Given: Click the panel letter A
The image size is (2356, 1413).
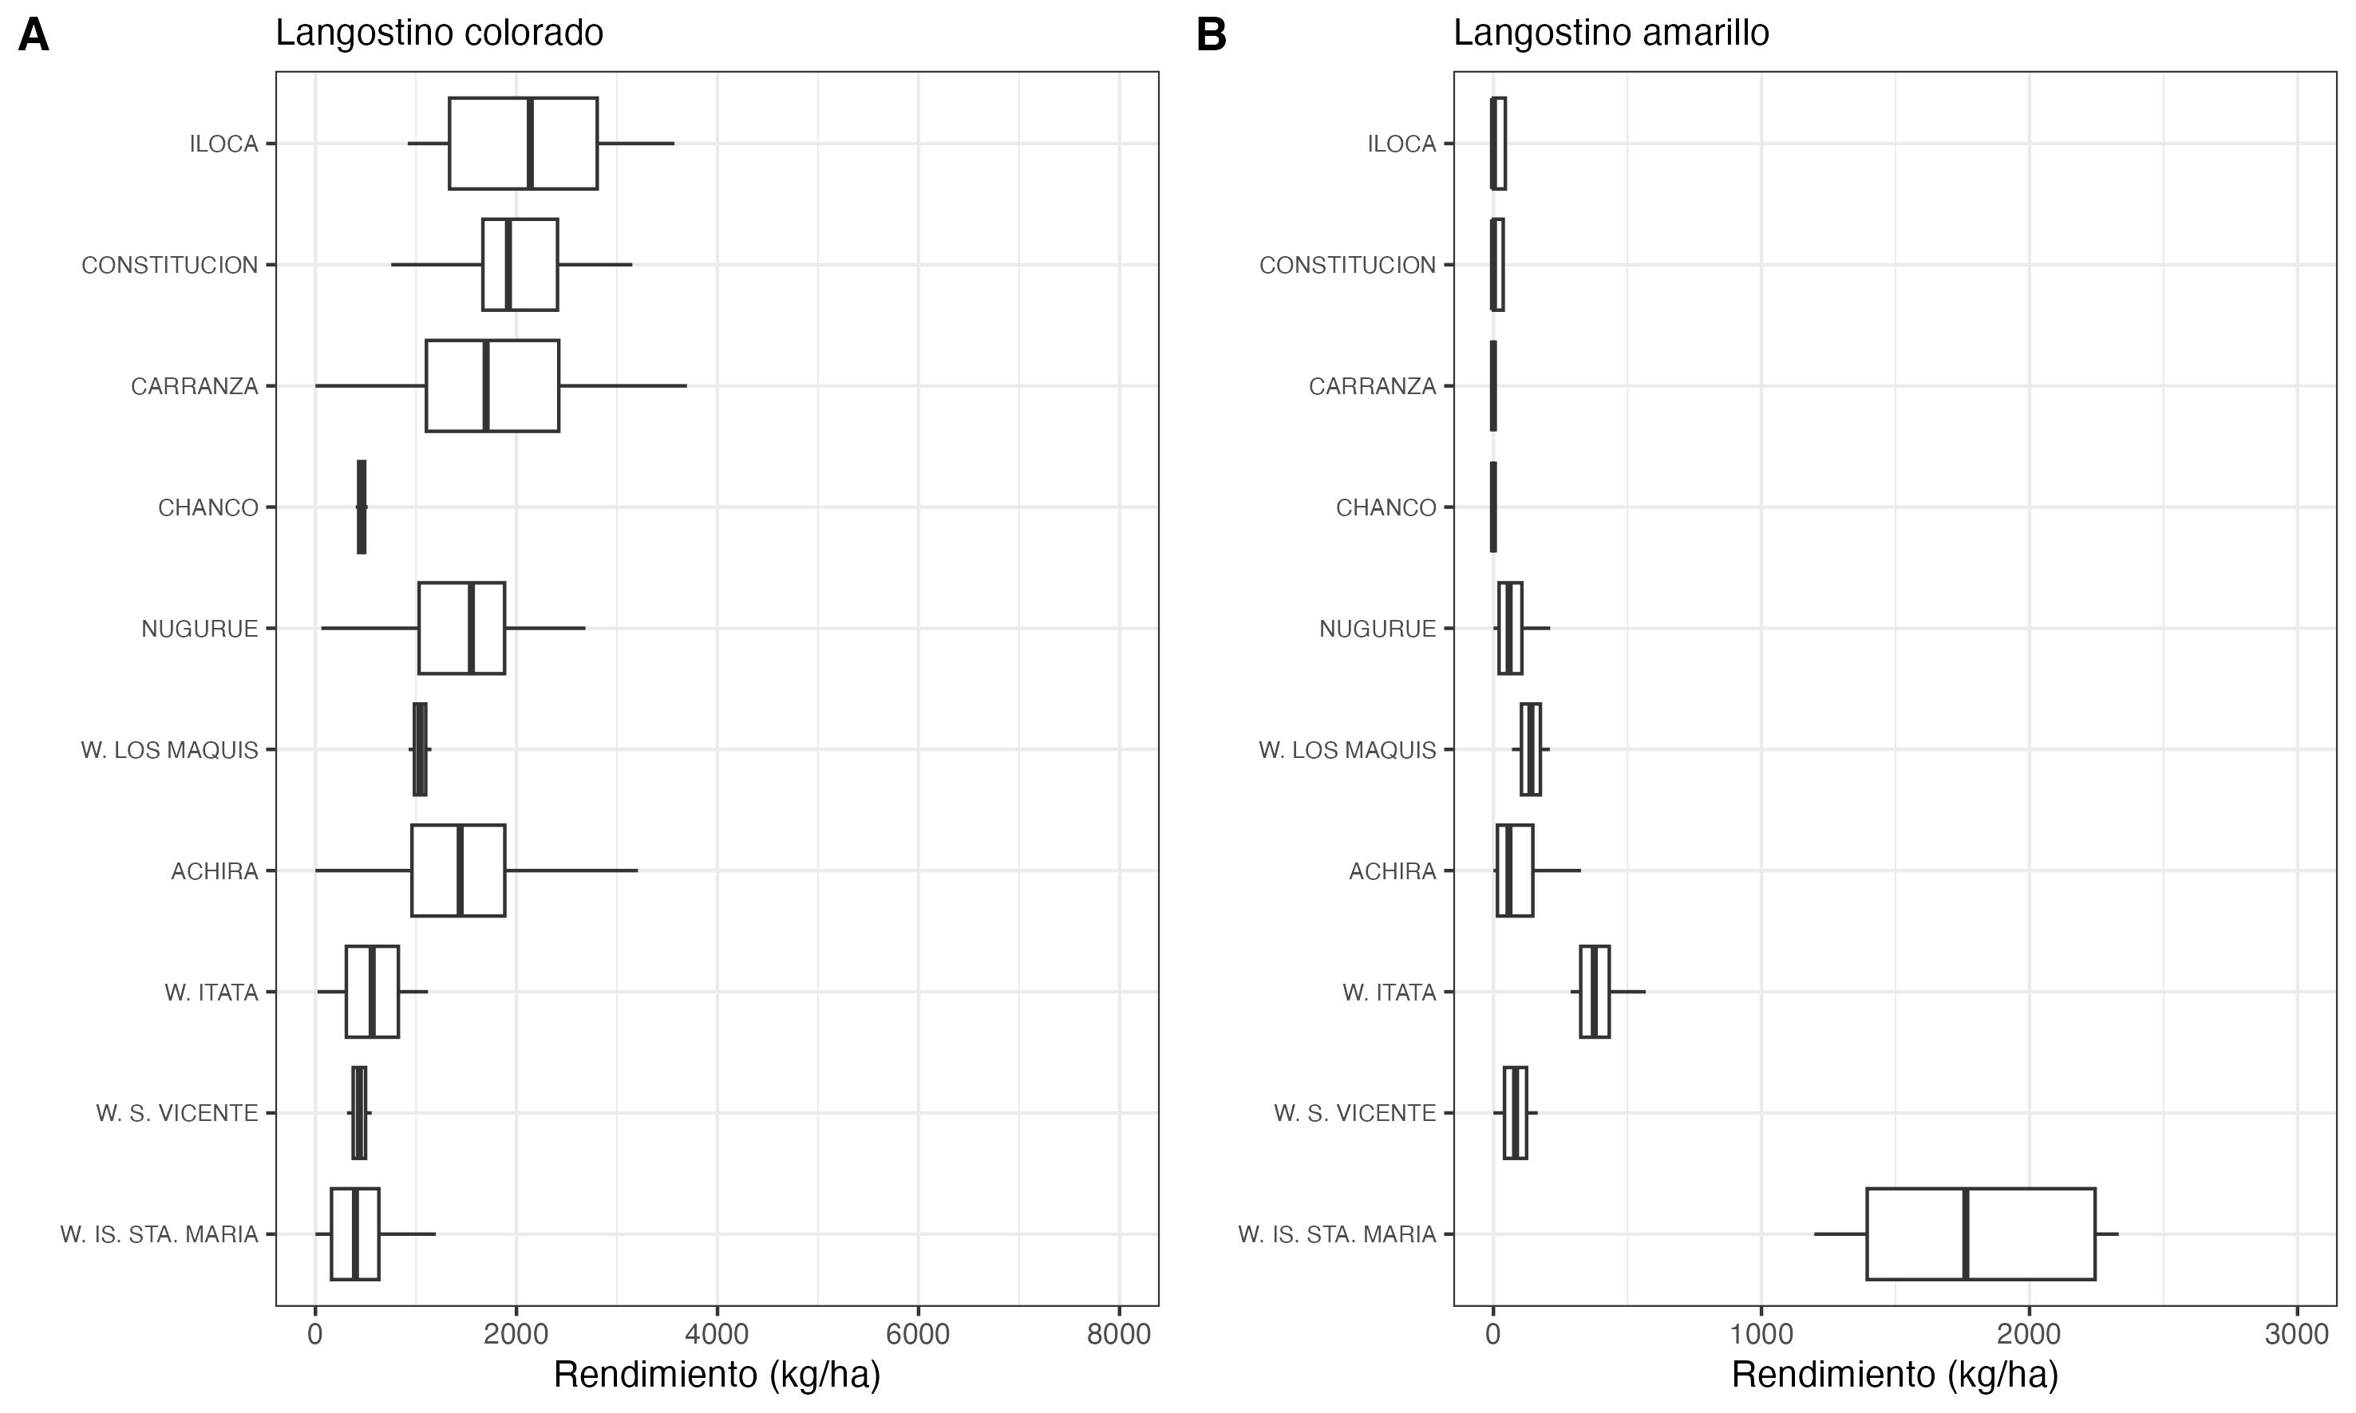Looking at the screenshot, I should pyautogui.click(x=34, y=36).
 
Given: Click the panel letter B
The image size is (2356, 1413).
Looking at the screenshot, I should pyautogui.click(x=1211, y=36).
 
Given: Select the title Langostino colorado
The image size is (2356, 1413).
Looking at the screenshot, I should pyautogui.click(x=439, y=34).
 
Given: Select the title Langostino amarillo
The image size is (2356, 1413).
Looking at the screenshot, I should pyautogui.click(x=1611, y=34).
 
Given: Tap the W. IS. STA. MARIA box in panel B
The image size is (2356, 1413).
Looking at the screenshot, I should pyautogui.click(x=1981, y=1234).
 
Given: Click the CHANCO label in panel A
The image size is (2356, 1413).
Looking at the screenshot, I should pyautogui.click(x=208, y=507).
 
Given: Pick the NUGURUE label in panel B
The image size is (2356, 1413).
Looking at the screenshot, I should pyautogui.click(x=1377, y=629).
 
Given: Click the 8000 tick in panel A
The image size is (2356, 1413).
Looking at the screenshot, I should pyautogui.click(x=1119, y=1335).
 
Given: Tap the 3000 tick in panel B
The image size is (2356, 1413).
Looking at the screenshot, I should pyautogui.click(x=2297, y=1335).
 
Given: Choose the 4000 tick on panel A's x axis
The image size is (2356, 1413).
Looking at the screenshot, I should pyautogui.click(x=717, y=1335).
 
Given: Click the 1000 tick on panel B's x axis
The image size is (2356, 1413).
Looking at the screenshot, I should pyautogui.click(x=1761, y=1335).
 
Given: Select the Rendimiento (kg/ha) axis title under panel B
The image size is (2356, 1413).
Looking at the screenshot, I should pyautogui.click(x=1894, y=1375).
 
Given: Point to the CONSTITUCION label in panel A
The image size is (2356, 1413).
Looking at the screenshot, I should pyautogui.click(x=169, y=265).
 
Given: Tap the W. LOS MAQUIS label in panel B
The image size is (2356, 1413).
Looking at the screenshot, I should pyautogui.click(x=1346, y=750).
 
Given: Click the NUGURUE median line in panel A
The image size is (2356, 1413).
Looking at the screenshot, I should pyautogui.click(x=470, y=629).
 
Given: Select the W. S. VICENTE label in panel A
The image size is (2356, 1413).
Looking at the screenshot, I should pyautogui.click(x=177, y=1113).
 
